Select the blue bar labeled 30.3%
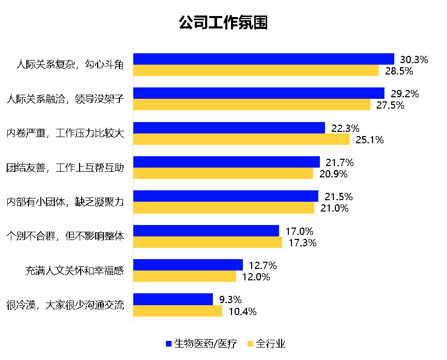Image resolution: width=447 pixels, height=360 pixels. click(x=264, y=59)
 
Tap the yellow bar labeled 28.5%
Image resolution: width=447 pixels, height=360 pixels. click(x=256, y=71)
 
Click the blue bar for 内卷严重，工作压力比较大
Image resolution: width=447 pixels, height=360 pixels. click(x=229, y=128)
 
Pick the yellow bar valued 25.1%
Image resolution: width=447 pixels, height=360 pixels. click(x=241, y=139)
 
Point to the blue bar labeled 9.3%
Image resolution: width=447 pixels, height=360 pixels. click(x=173, y=299)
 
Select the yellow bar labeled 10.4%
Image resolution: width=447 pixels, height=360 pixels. click(x=178, y=311)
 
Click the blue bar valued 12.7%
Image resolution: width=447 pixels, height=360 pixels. click(x=188, y=265)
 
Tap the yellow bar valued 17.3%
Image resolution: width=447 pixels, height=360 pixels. click(x=208, y=242)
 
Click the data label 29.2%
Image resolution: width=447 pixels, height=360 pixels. click(x=405, y=94)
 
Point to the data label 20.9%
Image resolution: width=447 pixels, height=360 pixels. click(x=333, y=174)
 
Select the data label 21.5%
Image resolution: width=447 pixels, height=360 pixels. click(x=339, y=197)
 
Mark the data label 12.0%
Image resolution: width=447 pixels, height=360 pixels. click(x=256, y=277)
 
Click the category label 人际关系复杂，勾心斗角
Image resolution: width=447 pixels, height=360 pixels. click(x=70, y=65)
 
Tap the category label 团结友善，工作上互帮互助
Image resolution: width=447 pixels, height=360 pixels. click(x=65, y=168)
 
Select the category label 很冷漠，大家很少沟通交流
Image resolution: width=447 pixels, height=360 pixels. click(x=65, y=305)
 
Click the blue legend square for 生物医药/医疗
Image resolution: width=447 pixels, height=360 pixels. click(x=168, y=343)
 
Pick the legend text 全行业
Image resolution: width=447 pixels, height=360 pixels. click(x=270, y=343)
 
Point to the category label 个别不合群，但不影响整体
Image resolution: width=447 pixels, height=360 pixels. click(x=65, y=236)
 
